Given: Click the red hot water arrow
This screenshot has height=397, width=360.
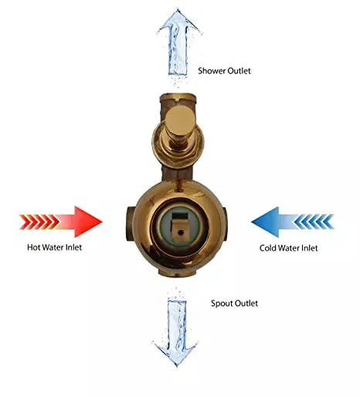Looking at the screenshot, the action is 61,222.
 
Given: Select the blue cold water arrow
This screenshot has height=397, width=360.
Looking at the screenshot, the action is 293,222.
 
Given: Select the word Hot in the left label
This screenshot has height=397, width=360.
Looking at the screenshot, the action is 34,247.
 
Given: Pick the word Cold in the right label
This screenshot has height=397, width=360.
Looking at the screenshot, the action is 268,248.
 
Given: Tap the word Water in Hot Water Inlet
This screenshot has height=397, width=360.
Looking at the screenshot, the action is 53,247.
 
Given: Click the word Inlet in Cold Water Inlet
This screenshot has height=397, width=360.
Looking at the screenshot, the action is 311,248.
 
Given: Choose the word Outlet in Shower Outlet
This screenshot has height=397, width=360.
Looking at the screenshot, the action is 239,71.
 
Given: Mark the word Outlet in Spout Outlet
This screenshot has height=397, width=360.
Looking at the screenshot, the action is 246,304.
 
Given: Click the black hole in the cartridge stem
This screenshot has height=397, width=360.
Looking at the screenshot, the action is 181,232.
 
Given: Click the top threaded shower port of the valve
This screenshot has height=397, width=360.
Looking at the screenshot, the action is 178,99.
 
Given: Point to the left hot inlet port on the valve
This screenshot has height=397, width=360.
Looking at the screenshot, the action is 131,223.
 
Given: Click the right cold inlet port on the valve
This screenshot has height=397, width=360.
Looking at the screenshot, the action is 224,223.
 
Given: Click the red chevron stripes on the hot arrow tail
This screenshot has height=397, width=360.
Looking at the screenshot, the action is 39,222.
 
